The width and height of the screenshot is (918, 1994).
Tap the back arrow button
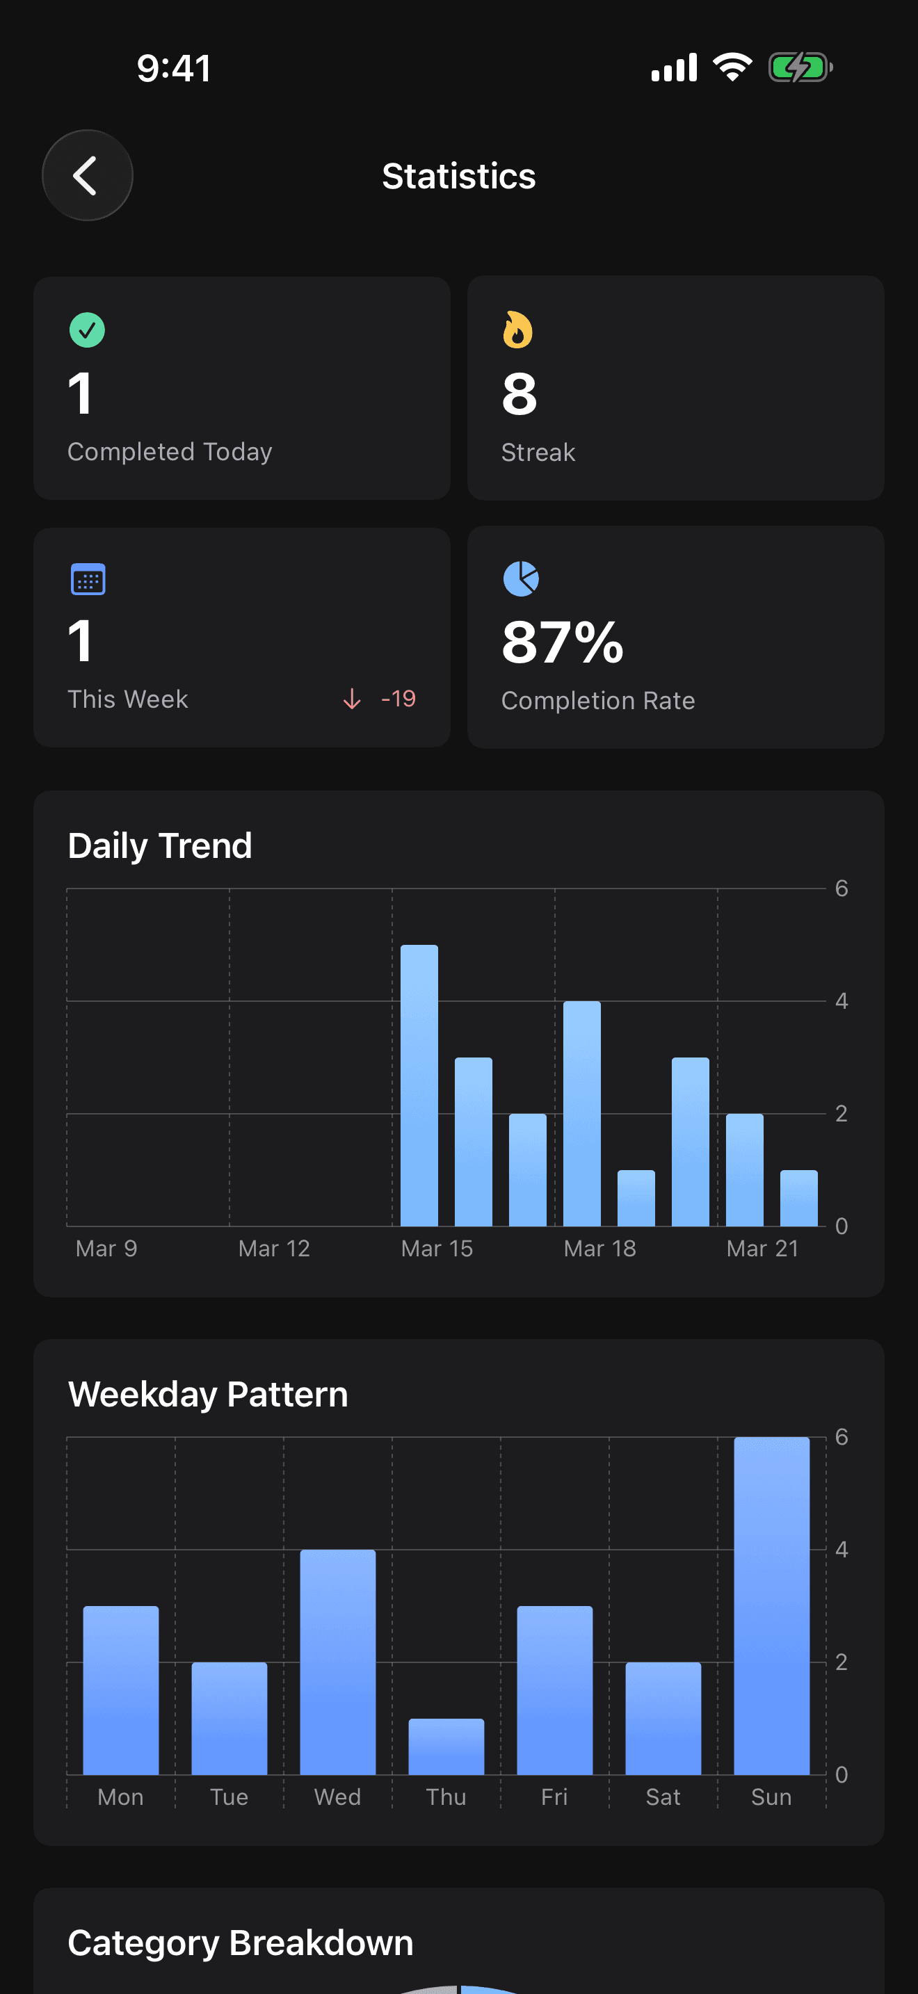[x=87, y=176]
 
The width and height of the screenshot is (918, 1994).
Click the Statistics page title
[x=458, y=177]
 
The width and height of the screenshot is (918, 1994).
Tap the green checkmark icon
[x=87, y=330]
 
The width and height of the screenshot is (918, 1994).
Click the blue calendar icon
[x=88, y=579]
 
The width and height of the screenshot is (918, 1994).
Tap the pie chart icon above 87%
[x=521, y=579]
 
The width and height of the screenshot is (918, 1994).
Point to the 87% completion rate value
[x=562, y=642]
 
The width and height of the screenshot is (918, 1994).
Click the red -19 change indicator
[x=398, y=699]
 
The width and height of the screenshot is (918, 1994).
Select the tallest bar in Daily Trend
[x=419, y=1085]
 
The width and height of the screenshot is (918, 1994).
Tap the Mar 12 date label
[x=274, y=1249]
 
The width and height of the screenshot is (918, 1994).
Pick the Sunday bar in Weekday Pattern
[x=771, y=1606]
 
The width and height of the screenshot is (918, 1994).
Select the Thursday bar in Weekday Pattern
[x=446, y=1747]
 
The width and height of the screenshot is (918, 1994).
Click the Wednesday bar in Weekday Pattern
[x=337, y=1662]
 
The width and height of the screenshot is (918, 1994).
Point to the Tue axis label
[x=229, y=1797]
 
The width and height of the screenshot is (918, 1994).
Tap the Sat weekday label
[x=663, y=1797]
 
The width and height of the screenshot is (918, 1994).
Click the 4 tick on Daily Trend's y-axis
[x=841, y=1002]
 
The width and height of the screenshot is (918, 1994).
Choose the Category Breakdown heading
[x=241, y=1943]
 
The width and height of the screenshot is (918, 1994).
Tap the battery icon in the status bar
[x=800, y=68]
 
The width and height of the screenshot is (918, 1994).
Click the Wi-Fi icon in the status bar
[x=732, y=68]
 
